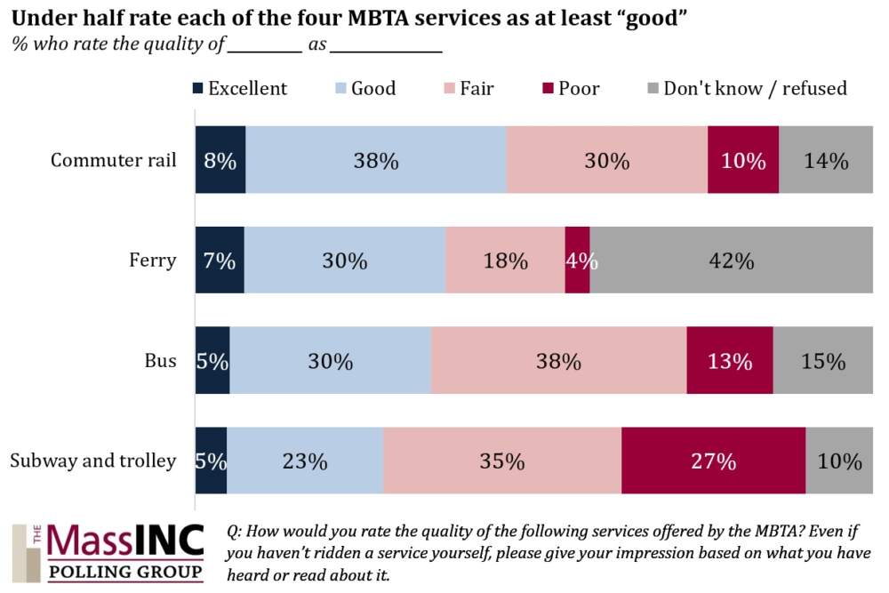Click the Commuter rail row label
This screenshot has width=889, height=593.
pos(114,161)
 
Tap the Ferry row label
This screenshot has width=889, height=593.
pos(153,261)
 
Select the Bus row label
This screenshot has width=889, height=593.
pos(161,362)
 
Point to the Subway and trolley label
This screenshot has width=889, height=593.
pos(93,461)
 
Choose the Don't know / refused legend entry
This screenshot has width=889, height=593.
pos(747,89)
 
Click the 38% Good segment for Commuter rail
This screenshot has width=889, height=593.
pos(375,161)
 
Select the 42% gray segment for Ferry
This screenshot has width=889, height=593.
pos(731,261)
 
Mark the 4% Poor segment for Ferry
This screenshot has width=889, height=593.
pos(577,261)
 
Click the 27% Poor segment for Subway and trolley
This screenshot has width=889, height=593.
pos(713,461)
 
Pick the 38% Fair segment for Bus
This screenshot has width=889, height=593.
pos(558,362)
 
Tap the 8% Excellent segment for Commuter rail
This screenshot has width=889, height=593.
pos(220,161)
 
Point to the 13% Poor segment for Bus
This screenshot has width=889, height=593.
pos(729,362)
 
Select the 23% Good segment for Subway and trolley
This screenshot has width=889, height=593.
pos(305,461)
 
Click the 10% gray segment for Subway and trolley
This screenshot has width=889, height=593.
pos(839,461)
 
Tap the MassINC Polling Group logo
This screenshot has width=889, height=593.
pos(108,553)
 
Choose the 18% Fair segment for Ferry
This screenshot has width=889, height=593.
pos(505,261)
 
